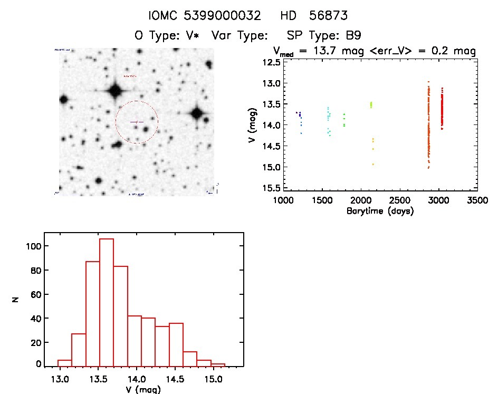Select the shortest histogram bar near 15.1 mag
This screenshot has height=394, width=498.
tap(218, 364)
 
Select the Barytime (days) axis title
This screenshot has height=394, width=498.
tap(380, 212)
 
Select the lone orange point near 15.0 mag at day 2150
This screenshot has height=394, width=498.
tap(372, 164)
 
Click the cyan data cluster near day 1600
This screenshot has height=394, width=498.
tap(329, 119)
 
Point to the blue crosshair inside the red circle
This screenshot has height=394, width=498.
tap(137, 122)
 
